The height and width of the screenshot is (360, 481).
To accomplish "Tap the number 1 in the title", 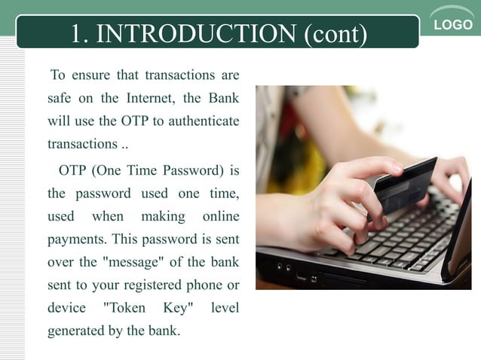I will point(76,33).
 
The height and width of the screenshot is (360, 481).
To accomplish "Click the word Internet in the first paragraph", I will point(148,98).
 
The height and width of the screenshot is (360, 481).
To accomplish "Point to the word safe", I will point(62,98).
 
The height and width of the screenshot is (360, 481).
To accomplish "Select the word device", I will point(66,308).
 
